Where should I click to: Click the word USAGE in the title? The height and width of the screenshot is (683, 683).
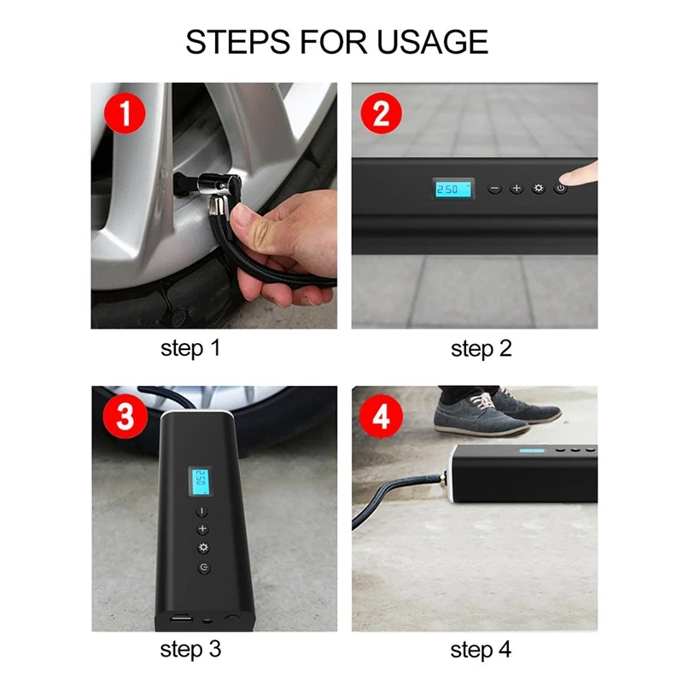(x=432, y=42)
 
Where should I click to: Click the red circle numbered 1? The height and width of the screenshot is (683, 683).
(x=125, y=114)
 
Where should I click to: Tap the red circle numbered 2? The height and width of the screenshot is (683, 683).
(x=381, y=114)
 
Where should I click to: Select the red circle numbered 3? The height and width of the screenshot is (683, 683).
(x=125, y=416)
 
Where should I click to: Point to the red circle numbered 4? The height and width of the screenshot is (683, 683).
(x=381, y=416)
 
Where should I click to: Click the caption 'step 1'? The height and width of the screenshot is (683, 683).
(x=190, y=349)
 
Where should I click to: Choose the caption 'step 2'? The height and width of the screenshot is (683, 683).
(x=481, y=349)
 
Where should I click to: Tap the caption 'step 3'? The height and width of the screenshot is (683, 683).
(x=190, y=650)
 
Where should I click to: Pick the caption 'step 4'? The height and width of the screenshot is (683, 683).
(x=481, y=650)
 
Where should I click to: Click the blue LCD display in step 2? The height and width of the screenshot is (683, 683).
(x=453, y=189)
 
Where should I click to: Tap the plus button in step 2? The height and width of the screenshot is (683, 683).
(x=517, y=188)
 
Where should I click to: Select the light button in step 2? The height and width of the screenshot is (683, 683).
(x=539, y=188)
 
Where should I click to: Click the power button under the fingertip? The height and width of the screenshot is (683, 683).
(x=561, y=188)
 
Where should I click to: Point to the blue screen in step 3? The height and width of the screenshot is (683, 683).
(x=201, y=482)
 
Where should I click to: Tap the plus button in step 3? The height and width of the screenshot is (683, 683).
(x=202, y=529)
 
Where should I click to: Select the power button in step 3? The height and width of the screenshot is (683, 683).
(x=204, y=567)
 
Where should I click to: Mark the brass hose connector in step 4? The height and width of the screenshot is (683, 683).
(x=443, y=480)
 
